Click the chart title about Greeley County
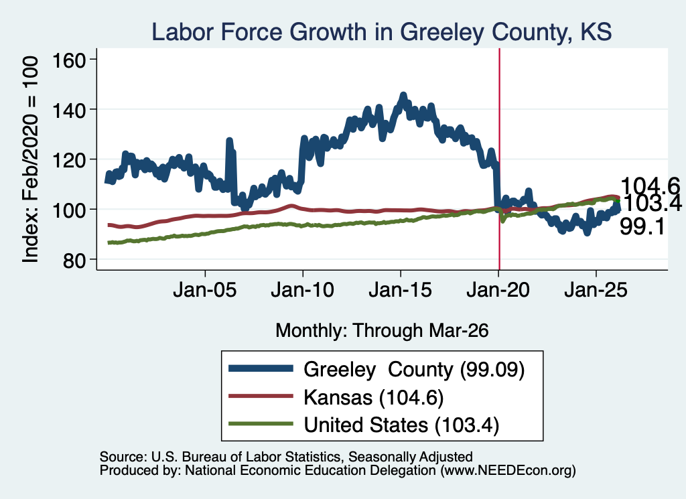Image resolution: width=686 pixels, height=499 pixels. point(381,31)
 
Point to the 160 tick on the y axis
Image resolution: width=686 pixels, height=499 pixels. point(69,60)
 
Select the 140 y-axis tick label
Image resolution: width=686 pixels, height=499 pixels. point(69,111)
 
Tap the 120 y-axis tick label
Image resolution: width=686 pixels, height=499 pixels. point(69,160)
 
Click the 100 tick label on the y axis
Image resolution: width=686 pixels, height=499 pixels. point(69,210)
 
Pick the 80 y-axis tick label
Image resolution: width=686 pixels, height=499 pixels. point(74,260)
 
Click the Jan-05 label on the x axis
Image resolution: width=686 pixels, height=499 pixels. point(205,290)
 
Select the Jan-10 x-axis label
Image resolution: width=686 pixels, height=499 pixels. point(302,290)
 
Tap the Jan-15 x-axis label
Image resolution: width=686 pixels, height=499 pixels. point(401,290)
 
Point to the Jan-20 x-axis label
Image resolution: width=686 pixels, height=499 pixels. point(498,290)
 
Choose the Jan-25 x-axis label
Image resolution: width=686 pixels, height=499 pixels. point(596,290)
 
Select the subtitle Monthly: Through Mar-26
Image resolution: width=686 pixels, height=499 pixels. point(382,331)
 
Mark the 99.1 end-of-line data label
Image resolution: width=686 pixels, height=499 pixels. point(642,227)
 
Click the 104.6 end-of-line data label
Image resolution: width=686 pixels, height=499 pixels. point(650,186)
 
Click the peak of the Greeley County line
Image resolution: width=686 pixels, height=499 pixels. point(403,95)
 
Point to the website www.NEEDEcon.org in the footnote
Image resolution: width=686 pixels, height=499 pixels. point(508,471)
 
